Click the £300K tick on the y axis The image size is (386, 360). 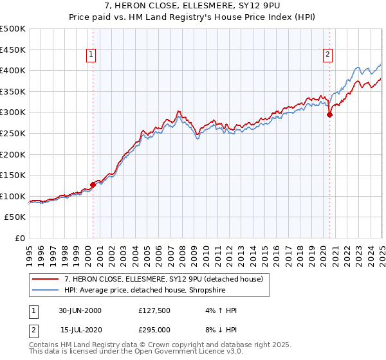click(x=13, y=112)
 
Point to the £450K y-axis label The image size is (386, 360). click(x=13, y=50)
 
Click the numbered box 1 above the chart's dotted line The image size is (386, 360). click(x=91, y=55)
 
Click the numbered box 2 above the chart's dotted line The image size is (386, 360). click(x=328, y=55)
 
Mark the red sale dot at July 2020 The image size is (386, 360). click(x=329, y=115)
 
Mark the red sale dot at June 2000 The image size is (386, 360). click(x=93, y=184)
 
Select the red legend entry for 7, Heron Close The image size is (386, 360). click(x=163, y=280)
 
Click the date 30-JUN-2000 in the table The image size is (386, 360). click(x=80, y=310)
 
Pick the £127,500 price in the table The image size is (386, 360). click(x=154, y=310)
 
